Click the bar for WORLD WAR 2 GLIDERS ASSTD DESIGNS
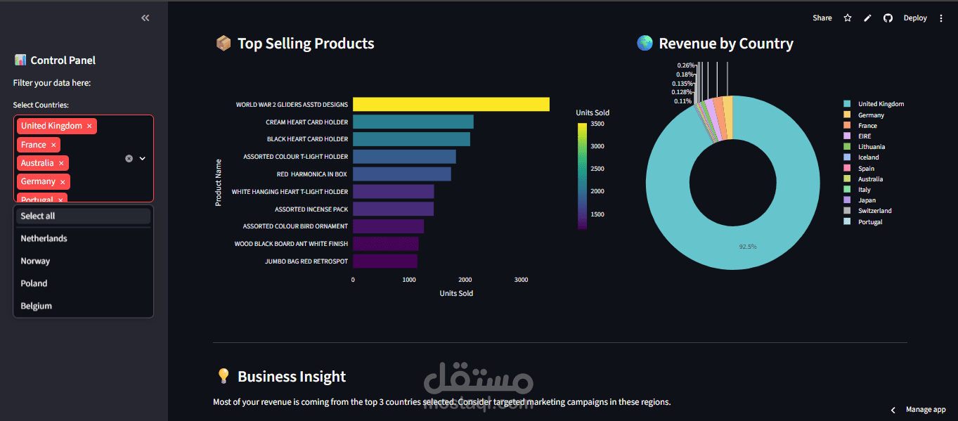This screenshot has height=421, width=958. click(x=451, y=105)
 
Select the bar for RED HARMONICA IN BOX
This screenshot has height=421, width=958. click(x=401, y=174)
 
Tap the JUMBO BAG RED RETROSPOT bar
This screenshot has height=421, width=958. click(x=384, y=261)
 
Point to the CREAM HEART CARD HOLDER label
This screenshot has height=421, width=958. click(x=306, y=122)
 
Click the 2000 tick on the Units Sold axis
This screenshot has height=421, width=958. click(x=465, y=280)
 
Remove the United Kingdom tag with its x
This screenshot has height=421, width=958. click(x=89, y=127)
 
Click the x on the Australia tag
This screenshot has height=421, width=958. click(x=62, y=163)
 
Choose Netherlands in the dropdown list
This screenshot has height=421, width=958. click(x=44, y=239)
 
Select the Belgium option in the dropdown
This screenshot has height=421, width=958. click(x=37, y=306)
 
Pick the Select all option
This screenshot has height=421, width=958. click(x=38, y=216)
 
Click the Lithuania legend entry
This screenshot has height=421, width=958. click(x=871, y=147)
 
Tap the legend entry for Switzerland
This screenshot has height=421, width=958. click(x=874, y=211)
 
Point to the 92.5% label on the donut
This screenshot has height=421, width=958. click(x=748, y=247)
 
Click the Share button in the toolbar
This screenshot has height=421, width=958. click(x=822, y=18)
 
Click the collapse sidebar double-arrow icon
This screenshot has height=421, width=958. click(x=145, y=18)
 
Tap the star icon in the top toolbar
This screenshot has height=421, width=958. click(x=848, y=18)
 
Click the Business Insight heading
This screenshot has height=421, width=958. click(x=291, y=377)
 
